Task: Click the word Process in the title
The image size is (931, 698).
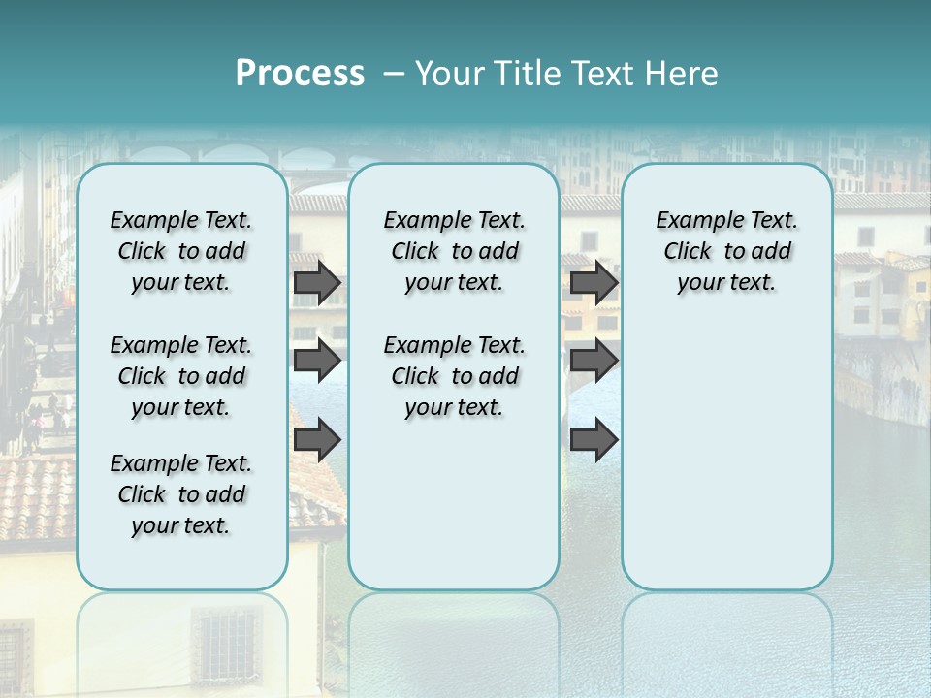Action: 300,73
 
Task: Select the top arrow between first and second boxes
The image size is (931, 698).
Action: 316,282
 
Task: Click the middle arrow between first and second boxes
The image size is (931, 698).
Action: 316,361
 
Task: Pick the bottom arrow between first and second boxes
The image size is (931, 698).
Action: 316,440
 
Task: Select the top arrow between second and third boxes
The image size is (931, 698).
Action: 594,282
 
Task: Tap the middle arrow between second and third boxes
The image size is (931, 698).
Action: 594,361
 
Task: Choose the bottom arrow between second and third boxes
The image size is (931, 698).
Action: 594,440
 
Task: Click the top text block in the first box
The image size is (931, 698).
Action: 181,251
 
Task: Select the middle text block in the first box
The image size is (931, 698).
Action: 181,376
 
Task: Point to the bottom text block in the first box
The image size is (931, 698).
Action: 181,494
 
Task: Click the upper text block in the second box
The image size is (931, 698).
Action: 454,251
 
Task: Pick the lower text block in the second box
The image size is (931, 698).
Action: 454,376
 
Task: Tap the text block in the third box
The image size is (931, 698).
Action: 726,251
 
